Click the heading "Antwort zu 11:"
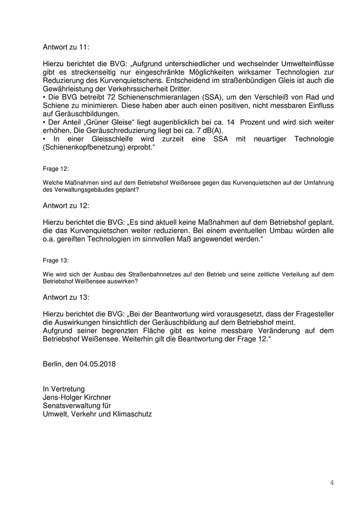pyautogui.click(x=66, y=47)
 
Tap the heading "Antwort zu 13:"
pyautogui.click(x=66, y=297)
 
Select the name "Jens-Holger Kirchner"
pyautogui.click(x=77, y=397)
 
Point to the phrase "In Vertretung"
pyautogui.click(x=64, y=389)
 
